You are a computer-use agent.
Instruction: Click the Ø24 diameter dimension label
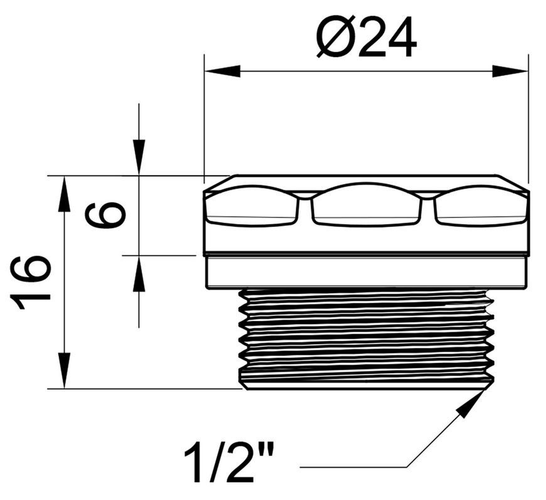(x=367, y=37)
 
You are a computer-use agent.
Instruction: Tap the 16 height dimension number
(x=30, y=283)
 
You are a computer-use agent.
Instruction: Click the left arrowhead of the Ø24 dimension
(x=223, y=71)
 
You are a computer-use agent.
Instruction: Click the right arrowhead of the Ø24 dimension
(x=510, y=71)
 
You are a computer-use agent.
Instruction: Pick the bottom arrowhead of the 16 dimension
(x=64, y=371)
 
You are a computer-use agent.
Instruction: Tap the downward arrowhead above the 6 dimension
(x=139, y=158)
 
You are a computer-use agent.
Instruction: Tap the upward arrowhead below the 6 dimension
(x=139, y=273)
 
